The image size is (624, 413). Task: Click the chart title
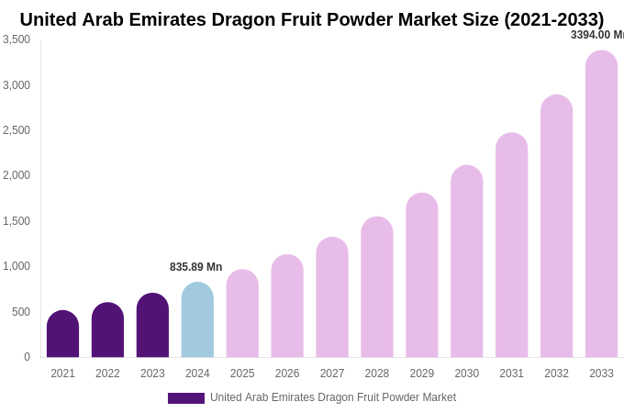tap(312, 19)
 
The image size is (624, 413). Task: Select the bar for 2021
tap(62, 335)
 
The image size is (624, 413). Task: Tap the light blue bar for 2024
tap(197, 320)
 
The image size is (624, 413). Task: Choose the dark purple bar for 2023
tap(152, 326)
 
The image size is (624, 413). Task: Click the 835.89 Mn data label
tap(195, 267)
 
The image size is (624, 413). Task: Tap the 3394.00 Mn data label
tap(596, 35)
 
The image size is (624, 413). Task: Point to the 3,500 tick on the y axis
tap(17, 39)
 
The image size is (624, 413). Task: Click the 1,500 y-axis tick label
tap(17, 221)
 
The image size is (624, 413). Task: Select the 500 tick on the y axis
tap(21, 312)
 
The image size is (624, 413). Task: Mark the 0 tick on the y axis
tap(27, 357)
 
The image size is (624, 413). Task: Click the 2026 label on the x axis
tap(287, 374)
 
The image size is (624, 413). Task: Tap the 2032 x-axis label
tap(556, 374)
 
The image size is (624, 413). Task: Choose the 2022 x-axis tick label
tap(107, 374)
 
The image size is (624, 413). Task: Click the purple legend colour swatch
tap(185, 398)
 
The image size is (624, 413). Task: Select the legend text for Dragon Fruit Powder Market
tap(332, 397)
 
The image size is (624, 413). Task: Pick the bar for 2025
tap(242, 314)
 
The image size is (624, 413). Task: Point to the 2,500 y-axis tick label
tap(17, 130)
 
